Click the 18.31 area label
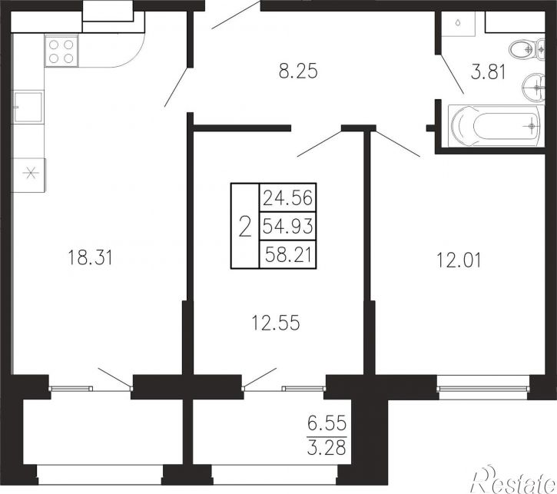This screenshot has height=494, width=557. click(90, 257)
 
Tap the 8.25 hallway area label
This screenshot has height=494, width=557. click(298, 71)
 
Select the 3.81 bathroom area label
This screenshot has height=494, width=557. click(488, 72)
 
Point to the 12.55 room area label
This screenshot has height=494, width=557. click(276, 323)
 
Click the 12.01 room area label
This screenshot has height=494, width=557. click(459, 260)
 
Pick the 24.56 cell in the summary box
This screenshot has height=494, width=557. click(288, 197)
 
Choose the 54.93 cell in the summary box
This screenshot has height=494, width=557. click(288, 226)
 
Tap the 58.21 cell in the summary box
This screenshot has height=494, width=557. click(288, 254)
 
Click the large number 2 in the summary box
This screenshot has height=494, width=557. click(245, 227)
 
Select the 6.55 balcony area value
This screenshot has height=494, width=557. click(327, 423)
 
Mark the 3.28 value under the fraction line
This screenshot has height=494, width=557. click(327, 448)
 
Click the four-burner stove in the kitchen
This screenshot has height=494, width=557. click(61, 51)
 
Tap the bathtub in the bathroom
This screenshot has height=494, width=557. click(496, 125)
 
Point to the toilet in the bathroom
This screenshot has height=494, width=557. click(526, 49)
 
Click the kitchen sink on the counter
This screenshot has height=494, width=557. click(28, 107)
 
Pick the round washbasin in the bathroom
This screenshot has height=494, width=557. click(533, 87)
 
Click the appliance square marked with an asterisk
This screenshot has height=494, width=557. click(29, 174)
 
